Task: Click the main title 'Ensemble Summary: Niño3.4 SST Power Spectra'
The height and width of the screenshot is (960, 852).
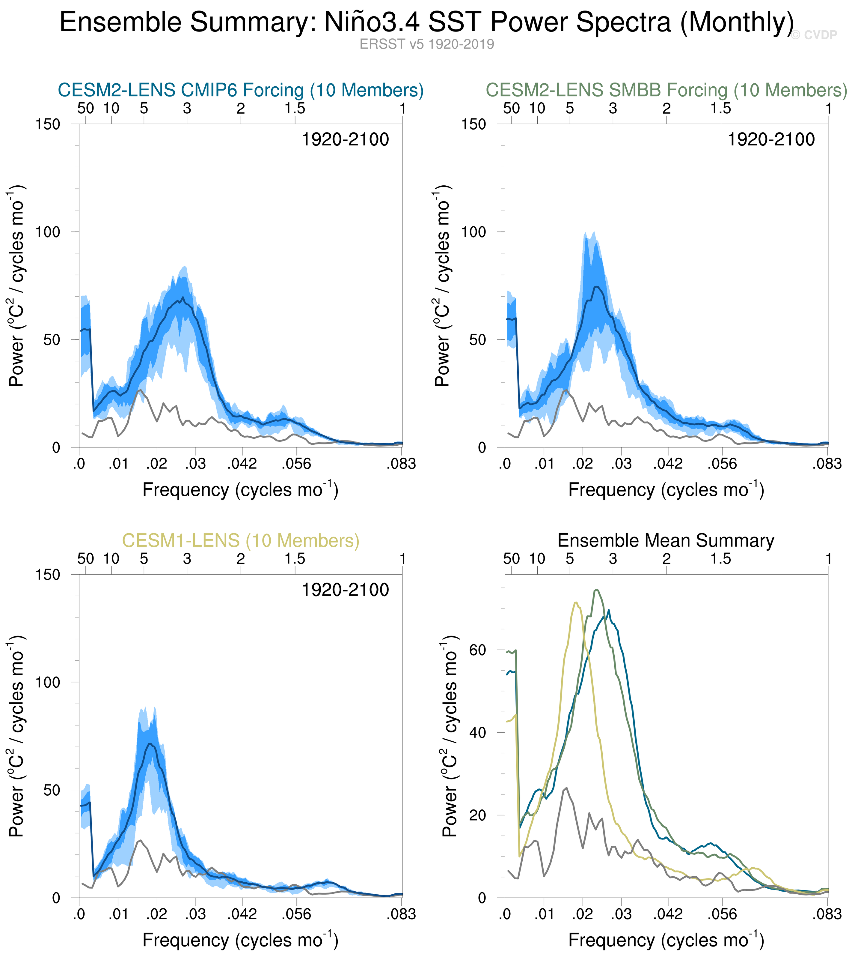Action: coord(426,22)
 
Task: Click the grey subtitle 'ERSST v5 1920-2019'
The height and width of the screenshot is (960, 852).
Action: coord(426,44)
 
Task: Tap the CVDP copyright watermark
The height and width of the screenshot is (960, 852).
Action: coord(814,35)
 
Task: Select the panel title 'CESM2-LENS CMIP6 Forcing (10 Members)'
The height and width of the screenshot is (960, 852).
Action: coord(240,90)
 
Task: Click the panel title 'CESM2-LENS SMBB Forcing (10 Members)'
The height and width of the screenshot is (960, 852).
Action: coord(666,90)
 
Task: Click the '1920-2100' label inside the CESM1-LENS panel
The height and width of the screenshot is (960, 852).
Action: coord(345,590)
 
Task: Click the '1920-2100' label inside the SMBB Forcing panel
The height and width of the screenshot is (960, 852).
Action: coord(771,139)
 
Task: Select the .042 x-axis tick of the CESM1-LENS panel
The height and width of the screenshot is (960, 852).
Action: coord(242,914)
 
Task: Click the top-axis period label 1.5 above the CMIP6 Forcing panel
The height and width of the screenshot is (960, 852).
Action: coord(295,109)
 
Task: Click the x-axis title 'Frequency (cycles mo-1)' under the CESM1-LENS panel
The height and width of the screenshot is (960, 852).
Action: coord(240,940)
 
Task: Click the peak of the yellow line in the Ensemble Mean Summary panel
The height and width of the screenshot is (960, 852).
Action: coord(575,603)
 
